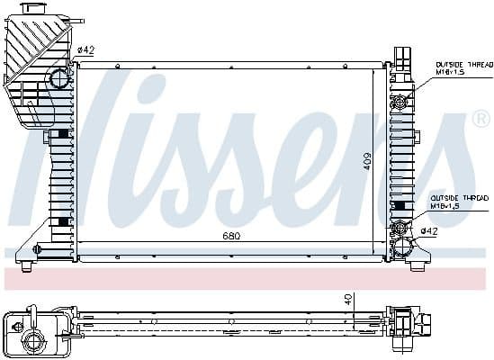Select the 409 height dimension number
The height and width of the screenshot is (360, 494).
click(x=367, y=161)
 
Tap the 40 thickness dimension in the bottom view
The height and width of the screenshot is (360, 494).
click(x=347, y=300)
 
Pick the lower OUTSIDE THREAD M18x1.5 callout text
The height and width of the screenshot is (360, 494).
click(x=459, y=201)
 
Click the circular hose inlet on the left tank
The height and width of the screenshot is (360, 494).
click(x=59, y=78)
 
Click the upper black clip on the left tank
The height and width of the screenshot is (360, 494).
click(x=62, y=134)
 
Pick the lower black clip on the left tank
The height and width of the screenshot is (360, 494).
click(x=62, y=220)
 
